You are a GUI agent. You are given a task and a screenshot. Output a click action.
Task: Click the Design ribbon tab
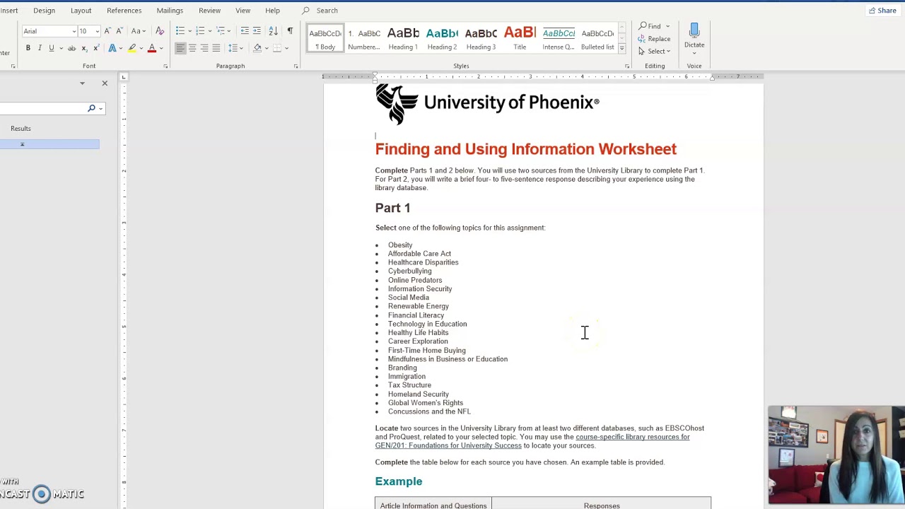pos(44,11)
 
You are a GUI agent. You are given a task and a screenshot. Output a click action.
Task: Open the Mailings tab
pos(170,11)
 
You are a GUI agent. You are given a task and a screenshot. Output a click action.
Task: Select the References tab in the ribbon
pos(124,11)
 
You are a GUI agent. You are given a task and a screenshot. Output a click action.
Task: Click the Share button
pos(882,11)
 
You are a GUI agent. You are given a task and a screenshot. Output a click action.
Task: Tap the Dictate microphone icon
pos(694,31)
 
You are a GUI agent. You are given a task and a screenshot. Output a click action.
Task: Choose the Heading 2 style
pos(442,38)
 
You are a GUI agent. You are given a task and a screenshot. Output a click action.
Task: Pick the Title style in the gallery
pos(520,38)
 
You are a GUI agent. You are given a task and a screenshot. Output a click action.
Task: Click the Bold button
pos(28,48)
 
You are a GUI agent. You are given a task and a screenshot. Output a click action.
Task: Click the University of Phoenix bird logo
pos(397,104)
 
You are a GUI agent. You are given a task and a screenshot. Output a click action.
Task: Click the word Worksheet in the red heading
pos(637,149)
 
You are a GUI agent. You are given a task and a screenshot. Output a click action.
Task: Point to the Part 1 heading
pos(392,208)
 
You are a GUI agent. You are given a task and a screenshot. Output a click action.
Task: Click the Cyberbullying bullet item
pos(409,271)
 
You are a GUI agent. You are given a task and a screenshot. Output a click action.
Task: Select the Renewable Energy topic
pos(418,306)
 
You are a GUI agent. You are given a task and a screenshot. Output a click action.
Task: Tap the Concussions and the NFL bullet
pos(428,411)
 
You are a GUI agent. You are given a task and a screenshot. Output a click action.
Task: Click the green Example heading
pos(399,481)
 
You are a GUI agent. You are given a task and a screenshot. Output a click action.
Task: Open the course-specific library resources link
pos(632,437)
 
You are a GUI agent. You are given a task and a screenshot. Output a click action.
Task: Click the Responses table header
pos(602,505)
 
